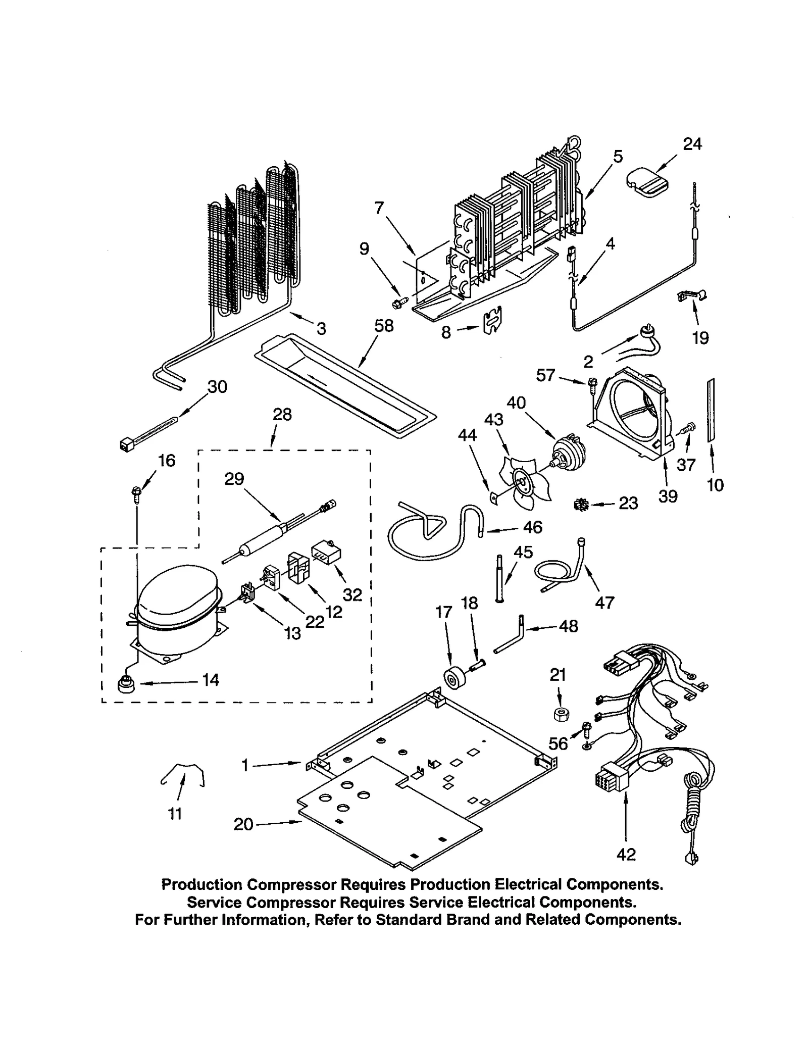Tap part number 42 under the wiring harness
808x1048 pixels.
626,855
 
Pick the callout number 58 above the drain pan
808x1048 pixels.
384,326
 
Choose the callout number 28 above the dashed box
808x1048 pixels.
282,415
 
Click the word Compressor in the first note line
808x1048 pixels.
291,885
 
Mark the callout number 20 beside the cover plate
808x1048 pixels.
243,824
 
